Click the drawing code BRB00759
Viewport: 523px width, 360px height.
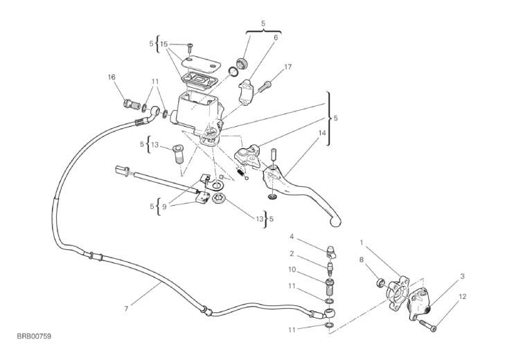[34, 336]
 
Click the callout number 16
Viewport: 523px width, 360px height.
[112, 78]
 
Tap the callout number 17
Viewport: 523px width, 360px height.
[288, 66]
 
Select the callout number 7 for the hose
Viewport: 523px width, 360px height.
[126, 309]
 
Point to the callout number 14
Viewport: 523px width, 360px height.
[322, 133]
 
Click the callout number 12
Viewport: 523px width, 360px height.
[462, 296]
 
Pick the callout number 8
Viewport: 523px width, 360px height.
[361, 260]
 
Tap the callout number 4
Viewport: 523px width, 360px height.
[292, 237]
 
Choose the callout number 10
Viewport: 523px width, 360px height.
[292, 269]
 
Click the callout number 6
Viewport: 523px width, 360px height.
[276, 37]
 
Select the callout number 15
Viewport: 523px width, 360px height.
[163, 44]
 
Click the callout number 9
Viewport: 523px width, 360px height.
[164, 207]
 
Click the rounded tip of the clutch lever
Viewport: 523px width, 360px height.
[336, 222]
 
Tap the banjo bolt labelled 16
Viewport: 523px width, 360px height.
[132, 104]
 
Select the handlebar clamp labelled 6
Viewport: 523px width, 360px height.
[247, 91]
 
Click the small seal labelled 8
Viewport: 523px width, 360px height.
[380, 283]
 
